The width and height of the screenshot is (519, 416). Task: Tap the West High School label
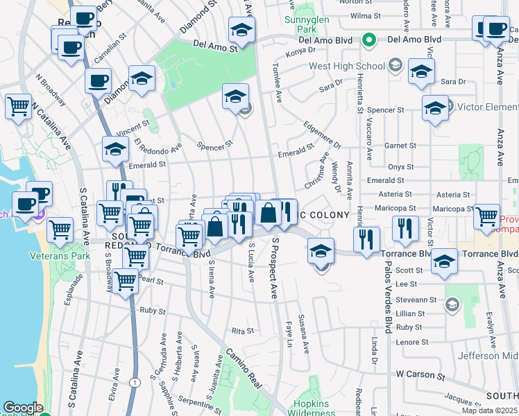click(346, 67)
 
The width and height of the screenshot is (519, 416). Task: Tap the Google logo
click(23, 408)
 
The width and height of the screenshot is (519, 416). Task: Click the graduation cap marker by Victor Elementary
click(435, 108)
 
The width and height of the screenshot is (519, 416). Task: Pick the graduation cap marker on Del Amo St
click(241, 30)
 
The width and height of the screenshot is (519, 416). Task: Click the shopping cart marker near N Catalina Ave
click(18, 107)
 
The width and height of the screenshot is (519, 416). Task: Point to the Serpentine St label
click(199, 401)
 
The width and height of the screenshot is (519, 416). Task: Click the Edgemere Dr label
click(323, 135)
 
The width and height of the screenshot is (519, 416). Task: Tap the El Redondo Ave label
click(158, 148)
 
